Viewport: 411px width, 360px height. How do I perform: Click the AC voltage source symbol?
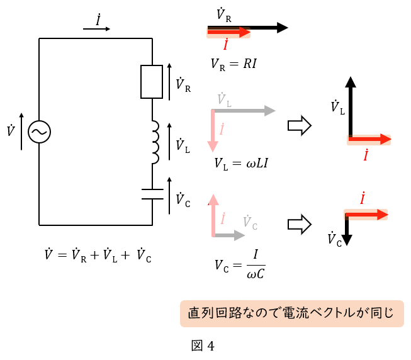39,132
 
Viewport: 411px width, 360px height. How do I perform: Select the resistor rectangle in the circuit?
152,81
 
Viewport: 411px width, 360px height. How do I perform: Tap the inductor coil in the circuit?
153,142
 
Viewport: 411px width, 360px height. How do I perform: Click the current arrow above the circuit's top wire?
98,28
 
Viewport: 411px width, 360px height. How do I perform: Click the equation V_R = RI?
234,64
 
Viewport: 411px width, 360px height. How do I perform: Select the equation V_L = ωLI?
242,164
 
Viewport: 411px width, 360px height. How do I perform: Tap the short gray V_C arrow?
230,235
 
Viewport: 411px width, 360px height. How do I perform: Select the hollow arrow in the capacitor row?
300,224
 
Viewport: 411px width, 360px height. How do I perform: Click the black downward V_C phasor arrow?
347,230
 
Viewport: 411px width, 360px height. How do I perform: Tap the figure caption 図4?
203,346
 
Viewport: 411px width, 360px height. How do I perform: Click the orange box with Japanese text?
291,313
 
